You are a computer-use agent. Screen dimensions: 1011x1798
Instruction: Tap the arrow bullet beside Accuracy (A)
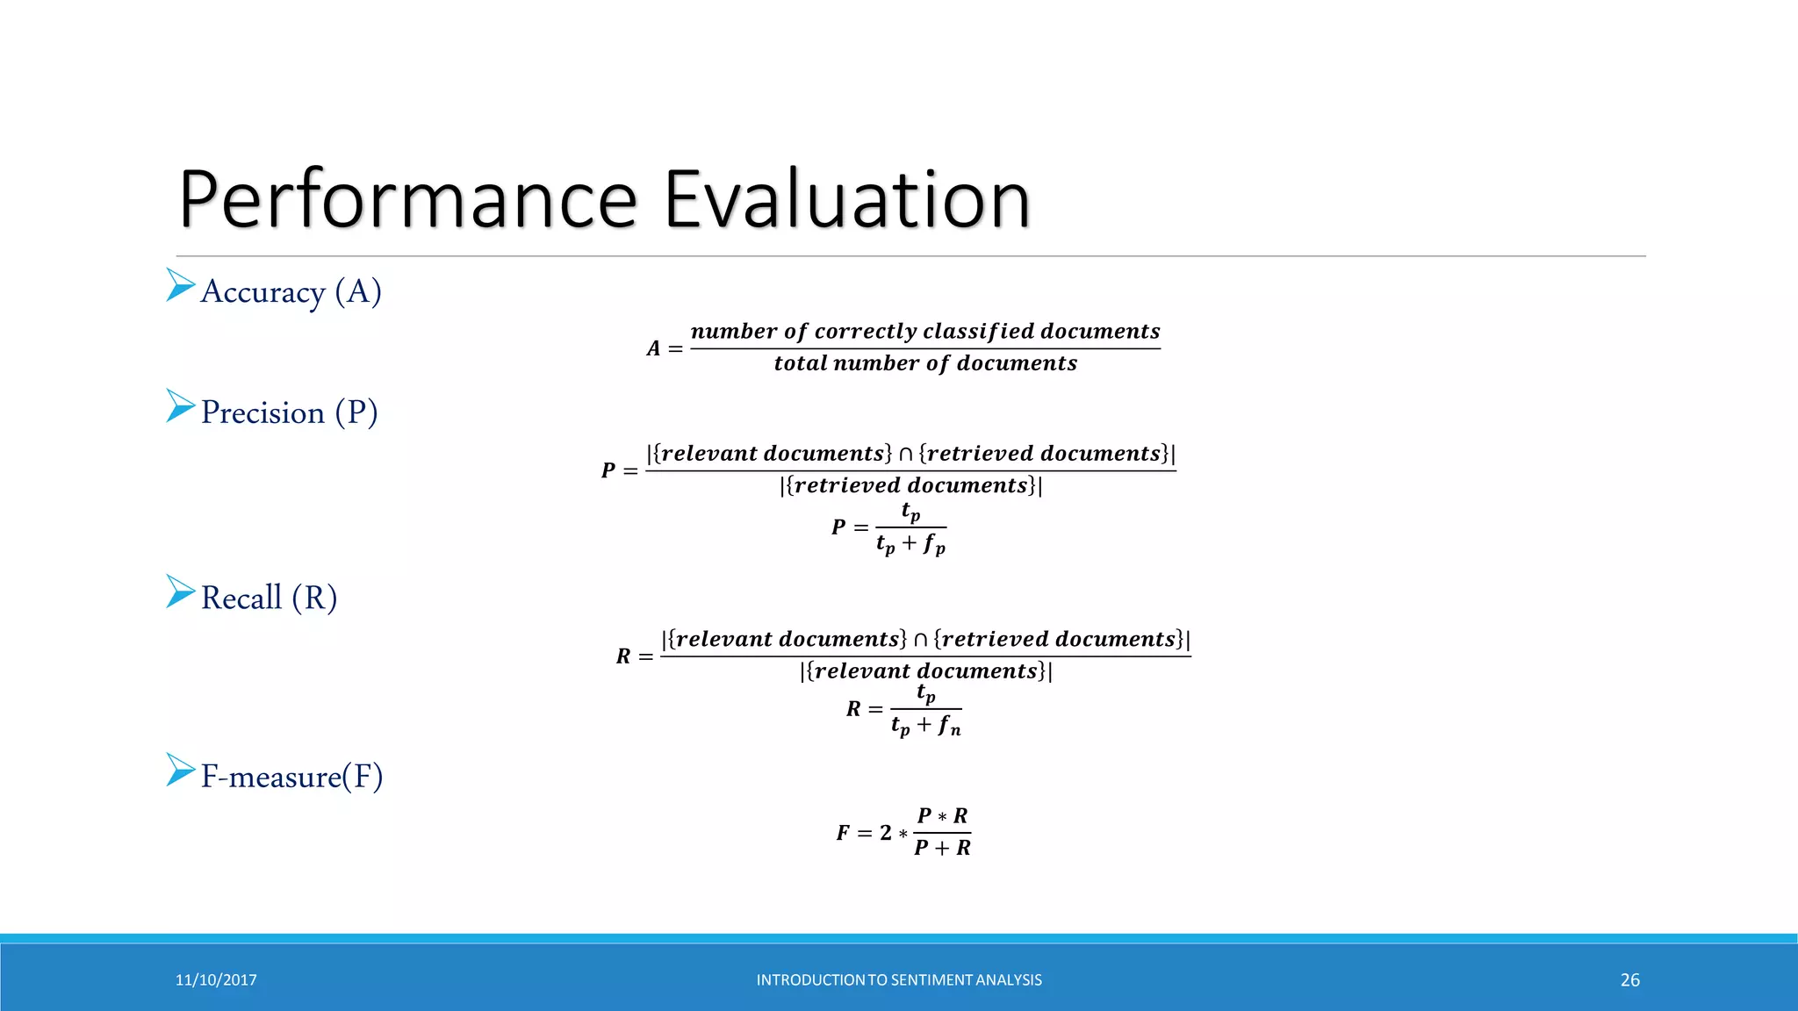coord(180,285)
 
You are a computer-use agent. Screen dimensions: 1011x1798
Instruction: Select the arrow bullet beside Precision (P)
coord(180,406)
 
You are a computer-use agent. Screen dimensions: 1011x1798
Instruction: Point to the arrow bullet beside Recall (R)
coord(180,592)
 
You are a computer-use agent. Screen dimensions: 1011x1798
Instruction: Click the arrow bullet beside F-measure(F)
coord(180,770)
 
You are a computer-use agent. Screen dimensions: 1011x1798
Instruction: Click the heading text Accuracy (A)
coord(291,291)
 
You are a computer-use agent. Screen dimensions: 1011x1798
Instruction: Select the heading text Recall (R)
coord(269,598)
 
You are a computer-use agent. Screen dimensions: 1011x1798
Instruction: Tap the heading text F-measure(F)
coord(291,776)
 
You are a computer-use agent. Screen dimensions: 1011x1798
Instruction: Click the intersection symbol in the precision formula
coord(905,455)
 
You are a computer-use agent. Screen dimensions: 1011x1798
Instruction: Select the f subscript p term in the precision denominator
coord(934,545)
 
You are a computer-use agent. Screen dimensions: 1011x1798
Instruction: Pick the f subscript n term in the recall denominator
coord(949,726)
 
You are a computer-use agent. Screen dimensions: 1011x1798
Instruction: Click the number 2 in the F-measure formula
coord(885,832)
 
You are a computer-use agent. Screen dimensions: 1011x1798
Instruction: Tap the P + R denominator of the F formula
coord(942,848)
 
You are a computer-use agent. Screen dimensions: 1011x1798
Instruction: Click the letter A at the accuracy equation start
coord(653,348)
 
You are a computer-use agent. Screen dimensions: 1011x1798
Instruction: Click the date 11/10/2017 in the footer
coord(216,980)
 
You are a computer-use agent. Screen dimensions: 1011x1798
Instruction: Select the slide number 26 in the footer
coord(1629,980)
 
